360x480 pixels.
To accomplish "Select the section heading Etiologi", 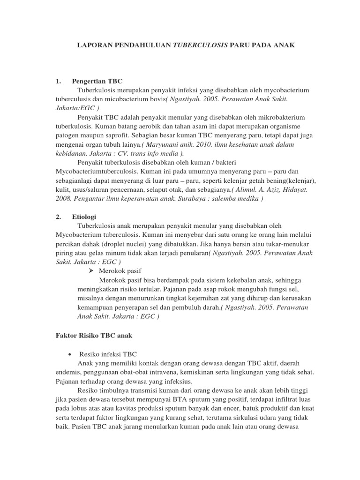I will pos(85,217).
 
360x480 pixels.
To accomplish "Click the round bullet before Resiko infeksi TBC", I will pos(69,354).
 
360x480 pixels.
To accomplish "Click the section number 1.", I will pos(58,81).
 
